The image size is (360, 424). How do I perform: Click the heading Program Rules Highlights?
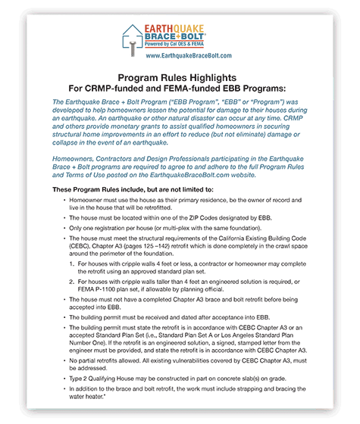tap(180, 78)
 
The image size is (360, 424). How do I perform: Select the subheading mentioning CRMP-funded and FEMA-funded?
tap(180, 89)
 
